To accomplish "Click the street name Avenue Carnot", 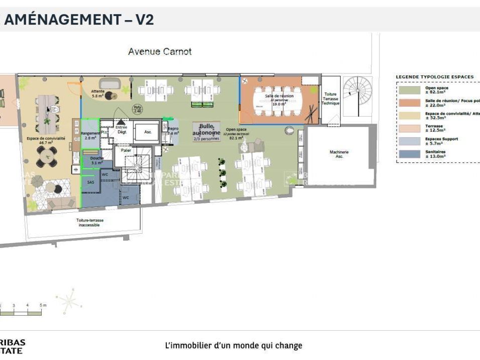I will (x=159, y=51).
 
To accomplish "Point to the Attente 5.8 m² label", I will (x=98, y=93).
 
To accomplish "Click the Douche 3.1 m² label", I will (x=97, y=160).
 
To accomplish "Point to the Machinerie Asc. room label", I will (x=339, y=154).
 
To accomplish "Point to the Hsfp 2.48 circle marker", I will (x=137, y=108).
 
